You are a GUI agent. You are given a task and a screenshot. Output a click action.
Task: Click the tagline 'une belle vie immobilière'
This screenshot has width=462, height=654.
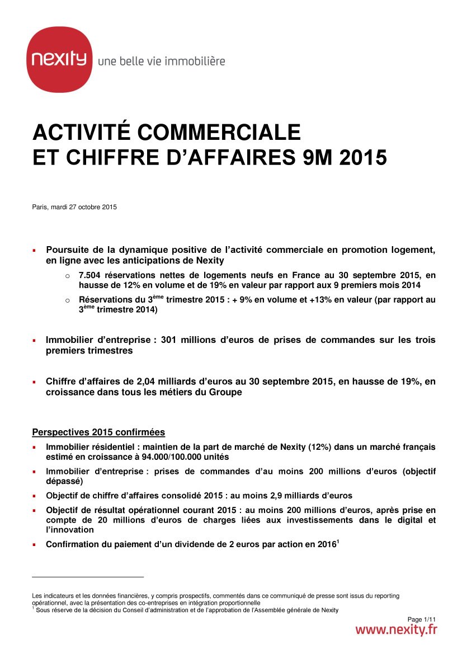(161, 61)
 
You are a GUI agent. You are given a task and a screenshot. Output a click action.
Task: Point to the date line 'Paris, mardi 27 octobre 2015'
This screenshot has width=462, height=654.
(74, 208)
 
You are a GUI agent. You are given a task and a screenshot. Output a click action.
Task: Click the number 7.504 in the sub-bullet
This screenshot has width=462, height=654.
(91, 275)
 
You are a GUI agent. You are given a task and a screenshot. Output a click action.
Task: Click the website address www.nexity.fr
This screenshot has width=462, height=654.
(396, 630)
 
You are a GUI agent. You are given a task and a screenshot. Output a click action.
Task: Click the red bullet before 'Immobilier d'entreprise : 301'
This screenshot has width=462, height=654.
(34, 341)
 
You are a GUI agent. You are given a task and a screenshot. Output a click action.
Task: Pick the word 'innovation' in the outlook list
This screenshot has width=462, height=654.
(73, 529)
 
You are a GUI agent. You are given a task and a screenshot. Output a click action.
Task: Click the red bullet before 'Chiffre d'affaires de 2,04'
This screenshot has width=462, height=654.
(34, 382)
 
